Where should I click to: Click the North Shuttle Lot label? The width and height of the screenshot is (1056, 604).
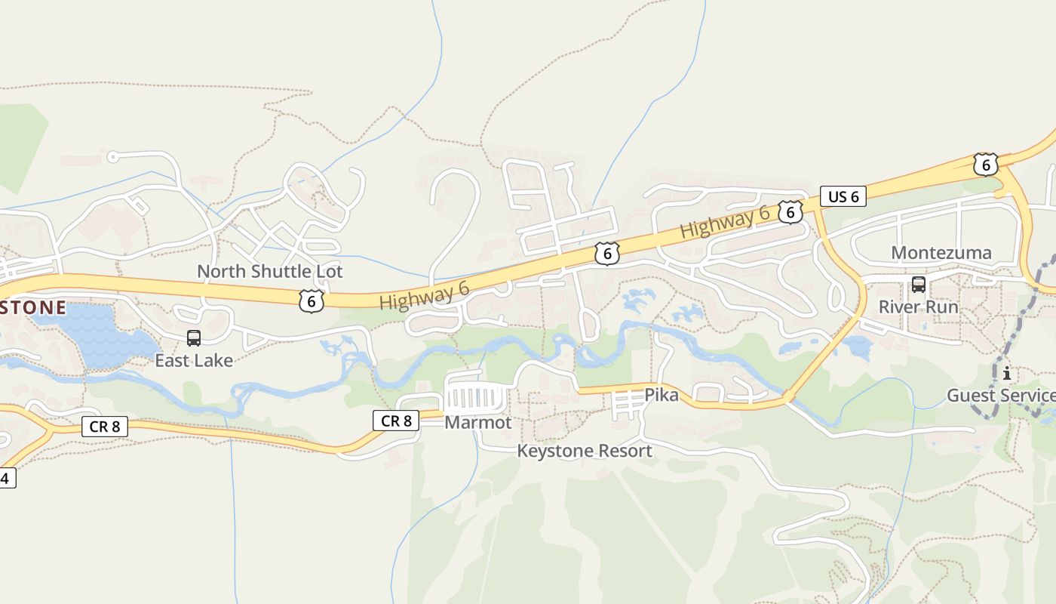point(269,271)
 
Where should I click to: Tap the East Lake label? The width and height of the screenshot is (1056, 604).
point(194,360)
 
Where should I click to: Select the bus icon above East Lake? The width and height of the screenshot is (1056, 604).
point(194,337)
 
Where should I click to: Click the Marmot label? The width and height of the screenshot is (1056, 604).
point(478,422)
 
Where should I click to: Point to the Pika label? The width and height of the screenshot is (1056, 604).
point(662,395)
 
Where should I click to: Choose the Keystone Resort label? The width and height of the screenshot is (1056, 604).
point(585,451)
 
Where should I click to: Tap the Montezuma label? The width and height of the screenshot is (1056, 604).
point(941,252)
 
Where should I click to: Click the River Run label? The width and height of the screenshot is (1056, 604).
point(919,307)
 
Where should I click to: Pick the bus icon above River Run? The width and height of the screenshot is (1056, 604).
point(919,285)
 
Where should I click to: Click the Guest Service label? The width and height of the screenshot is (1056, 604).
point(1001,395)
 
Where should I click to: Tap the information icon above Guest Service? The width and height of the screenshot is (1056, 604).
point(1006,373)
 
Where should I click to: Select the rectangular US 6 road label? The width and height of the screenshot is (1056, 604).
point(843,197)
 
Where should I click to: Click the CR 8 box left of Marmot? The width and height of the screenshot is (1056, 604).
point(396,421)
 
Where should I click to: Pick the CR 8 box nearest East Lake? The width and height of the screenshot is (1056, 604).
point(104,427)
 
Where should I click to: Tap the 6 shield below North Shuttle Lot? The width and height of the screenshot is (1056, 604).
point(311,302)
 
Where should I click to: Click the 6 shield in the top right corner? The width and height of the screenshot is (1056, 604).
point(985,165)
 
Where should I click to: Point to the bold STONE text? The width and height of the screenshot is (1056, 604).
point(33,307)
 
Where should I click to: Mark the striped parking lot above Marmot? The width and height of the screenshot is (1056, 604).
point(477,397)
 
